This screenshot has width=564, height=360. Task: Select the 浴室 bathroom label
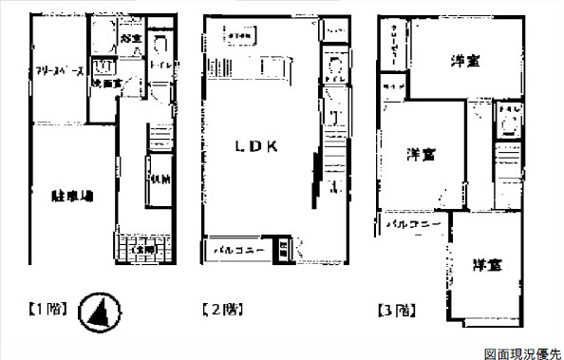coord(132,39)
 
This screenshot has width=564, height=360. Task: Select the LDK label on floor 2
coord(256,146)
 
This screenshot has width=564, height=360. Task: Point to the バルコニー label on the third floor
coord(415,224)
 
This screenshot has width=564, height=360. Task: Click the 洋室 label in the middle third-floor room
coord(423,153)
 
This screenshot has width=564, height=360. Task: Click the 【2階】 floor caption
coord(220,309)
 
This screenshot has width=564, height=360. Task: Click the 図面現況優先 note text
coord(522,352)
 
